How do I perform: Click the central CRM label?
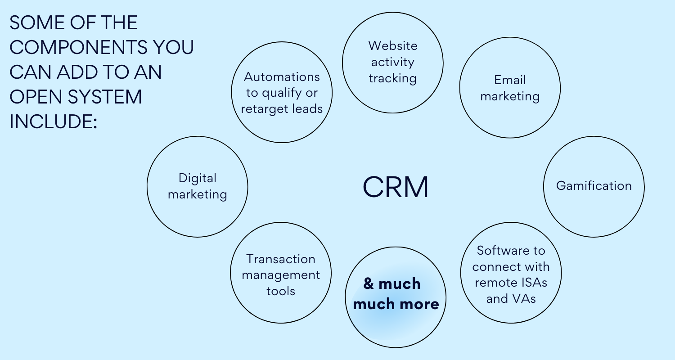coord(395,187)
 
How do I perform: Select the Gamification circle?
coord(594,186)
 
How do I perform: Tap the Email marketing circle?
coord(510,88)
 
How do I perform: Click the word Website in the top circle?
coord(392,46)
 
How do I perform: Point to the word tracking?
coord(392,78)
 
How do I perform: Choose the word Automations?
coord(282,77)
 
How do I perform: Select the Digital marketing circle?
coord(197,186)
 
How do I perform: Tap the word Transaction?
coord(281,259)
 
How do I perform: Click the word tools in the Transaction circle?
coord(281,291)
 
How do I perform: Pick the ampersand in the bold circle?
coord(369,284)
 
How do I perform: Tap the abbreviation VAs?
coord(523,299)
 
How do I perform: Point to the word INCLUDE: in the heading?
coord(53,121)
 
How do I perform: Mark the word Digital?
coord(197,178)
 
